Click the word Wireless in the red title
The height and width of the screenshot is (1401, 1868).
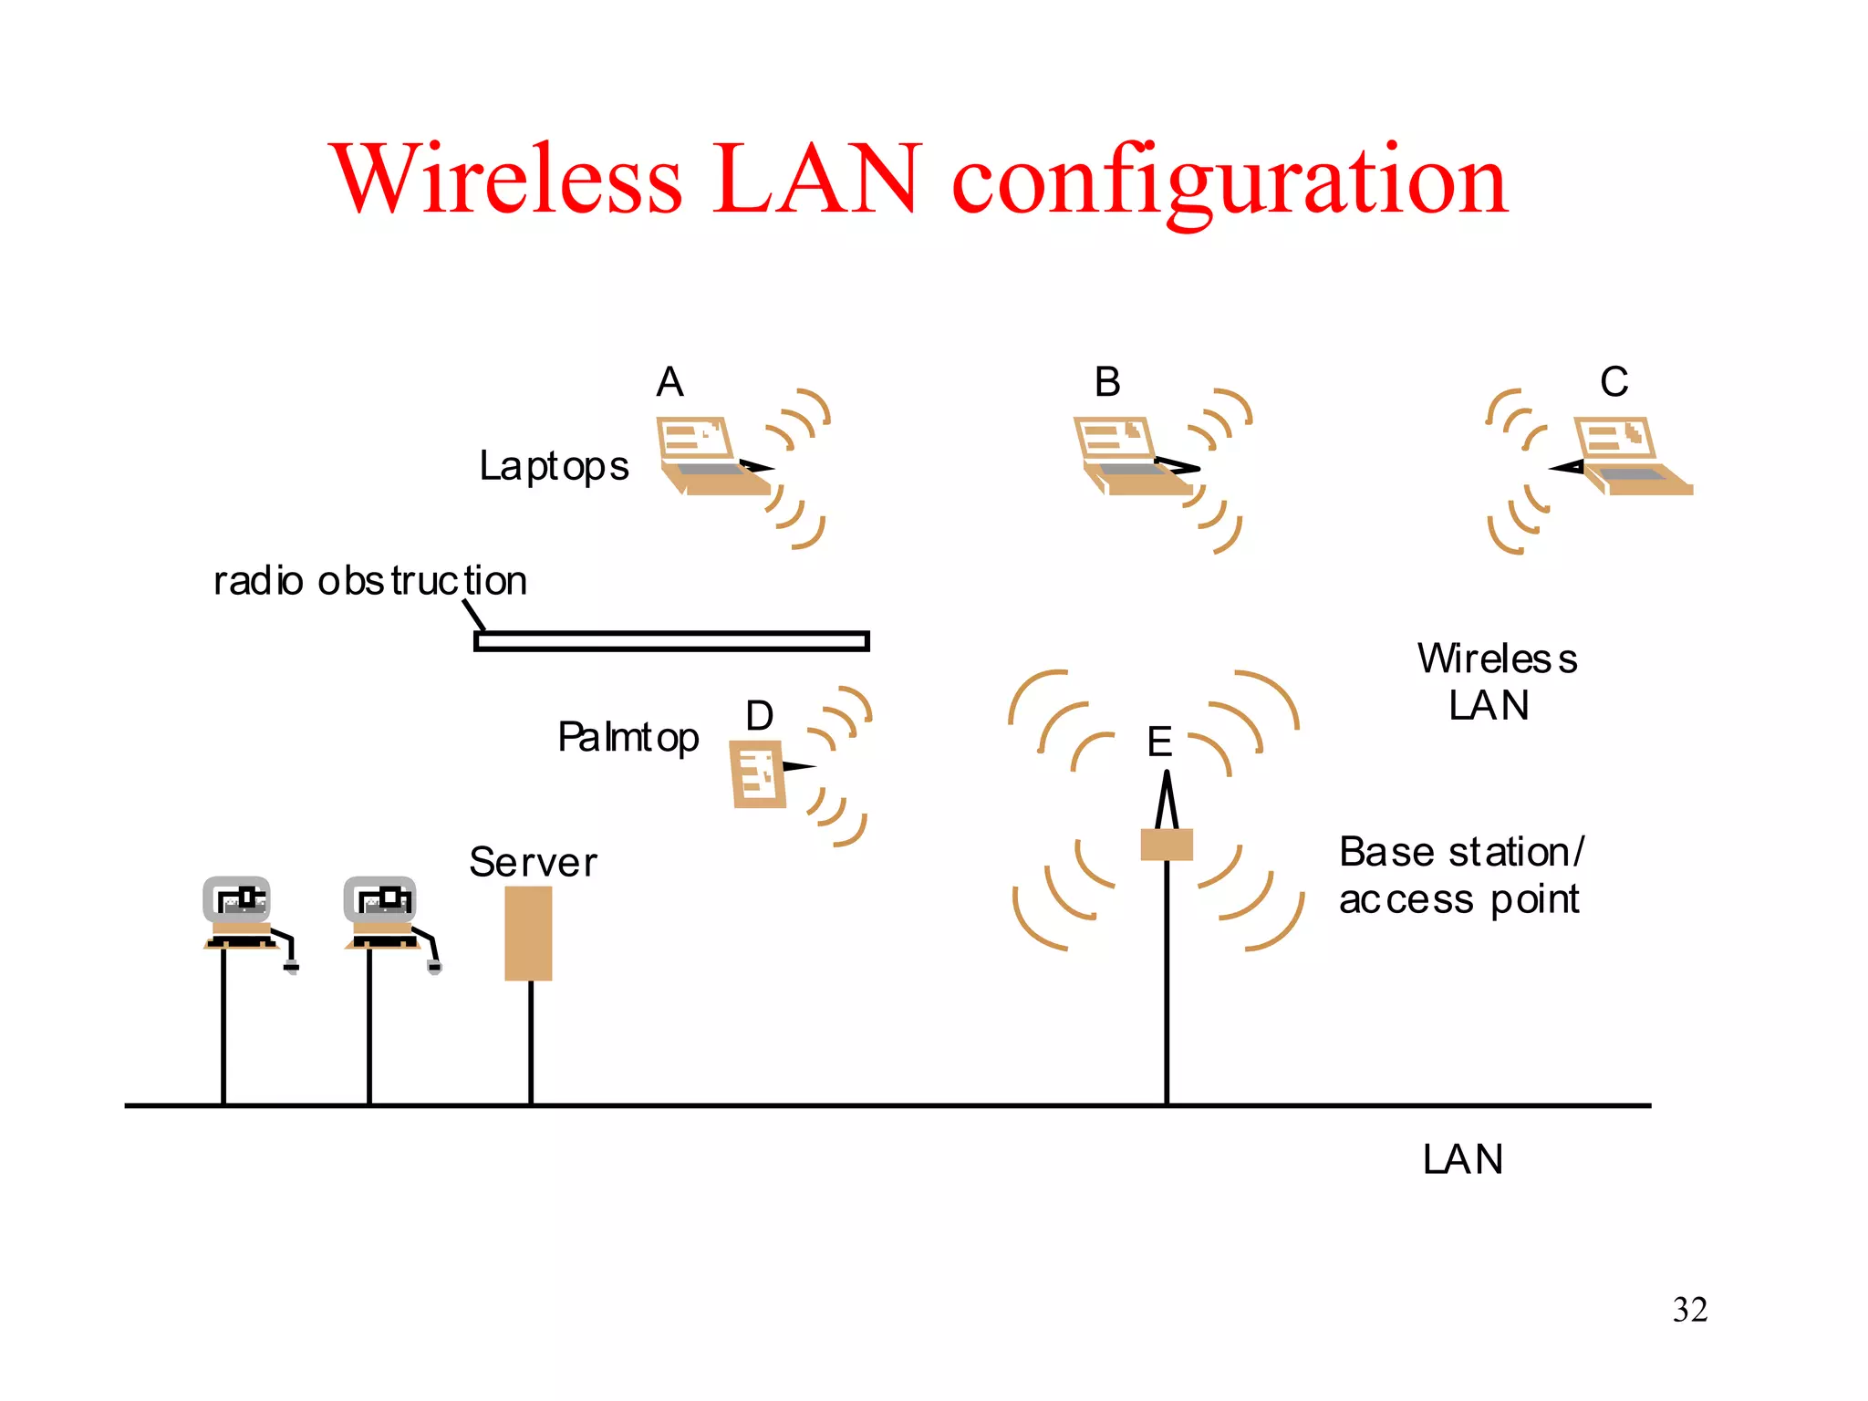click(x=507, y=179)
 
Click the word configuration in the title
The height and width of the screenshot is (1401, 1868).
click(x=1230, y=181)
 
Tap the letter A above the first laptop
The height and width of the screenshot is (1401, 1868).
click(x=669, y=382)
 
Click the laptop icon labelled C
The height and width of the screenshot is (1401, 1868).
click(x=1628, y=456)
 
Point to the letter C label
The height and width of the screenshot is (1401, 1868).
click(x=1614, y=382)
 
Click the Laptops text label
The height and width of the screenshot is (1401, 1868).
click(x=554, y=467)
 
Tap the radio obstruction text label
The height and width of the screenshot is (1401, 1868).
click(x=369, y=581)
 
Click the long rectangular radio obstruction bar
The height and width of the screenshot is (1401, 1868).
click(x=671, y=641)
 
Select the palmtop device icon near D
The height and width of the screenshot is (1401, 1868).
click(x=757, y=774)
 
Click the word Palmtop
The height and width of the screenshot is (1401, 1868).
click(x=628, y=738)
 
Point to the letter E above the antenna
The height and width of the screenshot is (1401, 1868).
click(x=1158, y=742)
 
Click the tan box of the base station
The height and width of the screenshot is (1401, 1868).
click(x=1167, y=845)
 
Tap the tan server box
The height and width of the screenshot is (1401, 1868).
click(x=528, y=933)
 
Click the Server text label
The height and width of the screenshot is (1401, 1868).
click(x=533, y=863)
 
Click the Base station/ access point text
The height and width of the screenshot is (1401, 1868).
click(x=1460, y=876)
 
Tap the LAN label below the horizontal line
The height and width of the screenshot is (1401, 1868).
click(x=1462, y=1160)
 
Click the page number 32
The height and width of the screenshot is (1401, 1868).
click(x=1689, y=1310)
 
